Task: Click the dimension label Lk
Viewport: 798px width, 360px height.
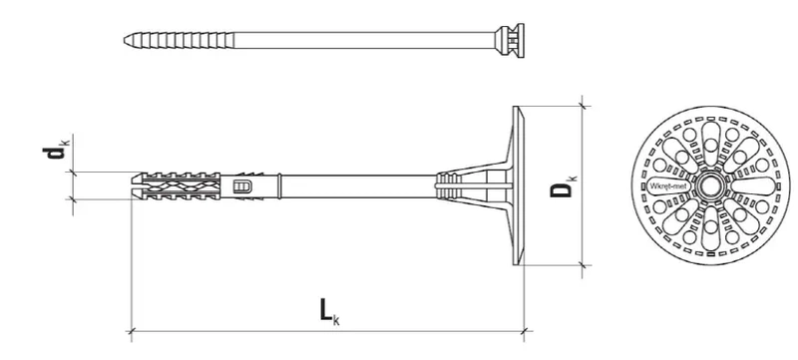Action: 327,311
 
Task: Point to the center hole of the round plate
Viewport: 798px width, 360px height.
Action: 710,185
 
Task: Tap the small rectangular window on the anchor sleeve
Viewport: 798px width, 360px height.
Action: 240,185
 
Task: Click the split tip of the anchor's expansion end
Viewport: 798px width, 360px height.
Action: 138,185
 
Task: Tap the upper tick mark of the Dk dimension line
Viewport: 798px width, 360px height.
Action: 584,105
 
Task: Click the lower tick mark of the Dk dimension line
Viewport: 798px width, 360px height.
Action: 584,265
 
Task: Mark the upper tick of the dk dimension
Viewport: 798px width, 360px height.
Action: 72,172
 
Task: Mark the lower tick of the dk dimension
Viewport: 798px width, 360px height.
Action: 72,199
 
